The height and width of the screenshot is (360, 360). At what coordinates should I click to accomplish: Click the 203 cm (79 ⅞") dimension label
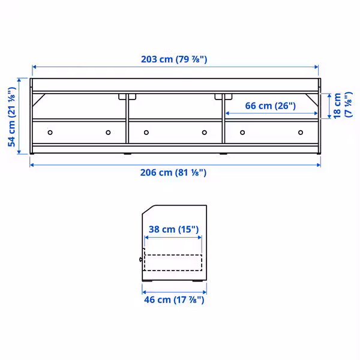174,59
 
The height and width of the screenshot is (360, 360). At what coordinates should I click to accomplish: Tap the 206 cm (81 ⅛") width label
173,172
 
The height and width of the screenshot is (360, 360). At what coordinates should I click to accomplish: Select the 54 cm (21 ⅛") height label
12,116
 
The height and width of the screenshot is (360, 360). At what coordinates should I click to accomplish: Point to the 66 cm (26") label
270,106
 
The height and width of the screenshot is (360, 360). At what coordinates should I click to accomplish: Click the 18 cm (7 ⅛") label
343,105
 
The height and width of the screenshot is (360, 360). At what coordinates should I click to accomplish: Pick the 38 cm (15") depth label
173,229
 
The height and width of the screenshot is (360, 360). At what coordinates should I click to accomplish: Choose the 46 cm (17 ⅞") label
174,299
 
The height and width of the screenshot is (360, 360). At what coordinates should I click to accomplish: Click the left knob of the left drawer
50,133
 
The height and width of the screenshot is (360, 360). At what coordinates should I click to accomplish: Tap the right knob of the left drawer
108,133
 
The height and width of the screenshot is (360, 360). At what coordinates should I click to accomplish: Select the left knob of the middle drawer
146,133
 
